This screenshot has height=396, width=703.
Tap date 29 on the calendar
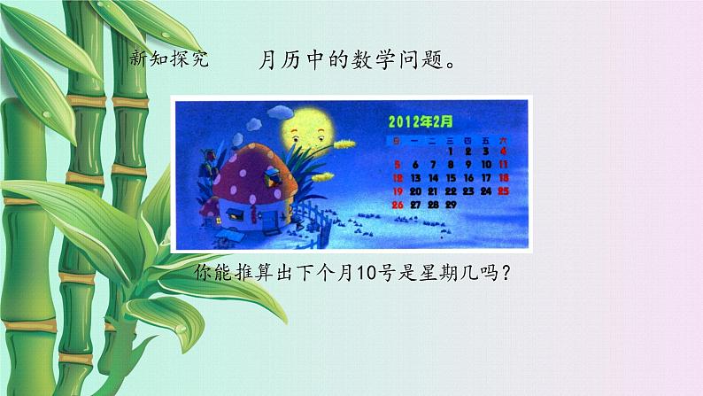tap(450, 205)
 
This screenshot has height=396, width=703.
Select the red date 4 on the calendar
tap(503, 151)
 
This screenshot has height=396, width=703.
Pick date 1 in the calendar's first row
tap(451, 151)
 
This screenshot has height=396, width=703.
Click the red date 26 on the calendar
tap(398, 205)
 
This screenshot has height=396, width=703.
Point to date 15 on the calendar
tap(451, 178)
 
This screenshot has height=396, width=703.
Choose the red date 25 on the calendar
tap(503, 190)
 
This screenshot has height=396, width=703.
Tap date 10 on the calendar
tap(485, 165)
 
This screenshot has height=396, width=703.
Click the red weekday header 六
tap(503, 140)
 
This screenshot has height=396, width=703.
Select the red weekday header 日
tap(397, 140)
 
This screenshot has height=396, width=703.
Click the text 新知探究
tap(168, 59)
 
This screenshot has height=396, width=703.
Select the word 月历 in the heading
tap(276, 59)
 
